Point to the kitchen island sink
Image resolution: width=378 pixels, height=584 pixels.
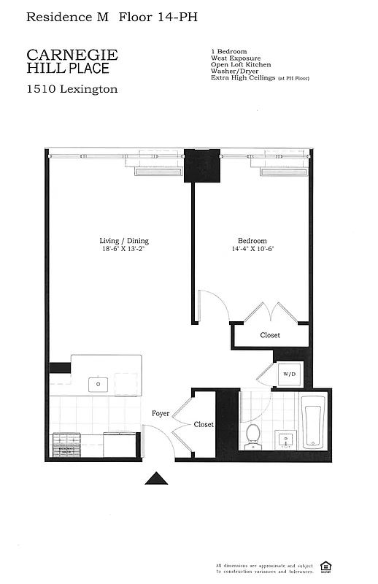[99, 383]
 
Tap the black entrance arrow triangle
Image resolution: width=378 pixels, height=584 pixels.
[156, 478]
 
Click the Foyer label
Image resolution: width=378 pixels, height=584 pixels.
[161, 414]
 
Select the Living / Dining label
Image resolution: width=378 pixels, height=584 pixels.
[124, 241]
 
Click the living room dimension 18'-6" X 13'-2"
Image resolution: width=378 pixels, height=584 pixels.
[124, 249]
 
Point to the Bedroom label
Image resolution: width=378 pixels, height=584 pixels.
[252, 241]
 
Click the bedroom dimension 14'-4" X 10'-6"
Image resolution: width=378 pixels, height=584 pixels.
[252, 249]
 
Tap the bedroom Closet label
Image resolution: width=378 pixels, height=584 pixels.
[270, 336]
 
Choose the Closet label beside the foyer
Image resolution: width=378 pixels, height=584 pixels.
[204, 424]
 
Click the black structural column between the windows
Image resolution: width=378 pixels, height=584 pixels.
[202, 166]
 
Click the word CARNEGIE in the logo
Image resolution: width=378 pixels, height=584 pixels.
[72, 55]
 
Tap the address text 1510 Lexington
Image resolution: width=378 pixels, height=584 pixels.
[72, 89]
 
